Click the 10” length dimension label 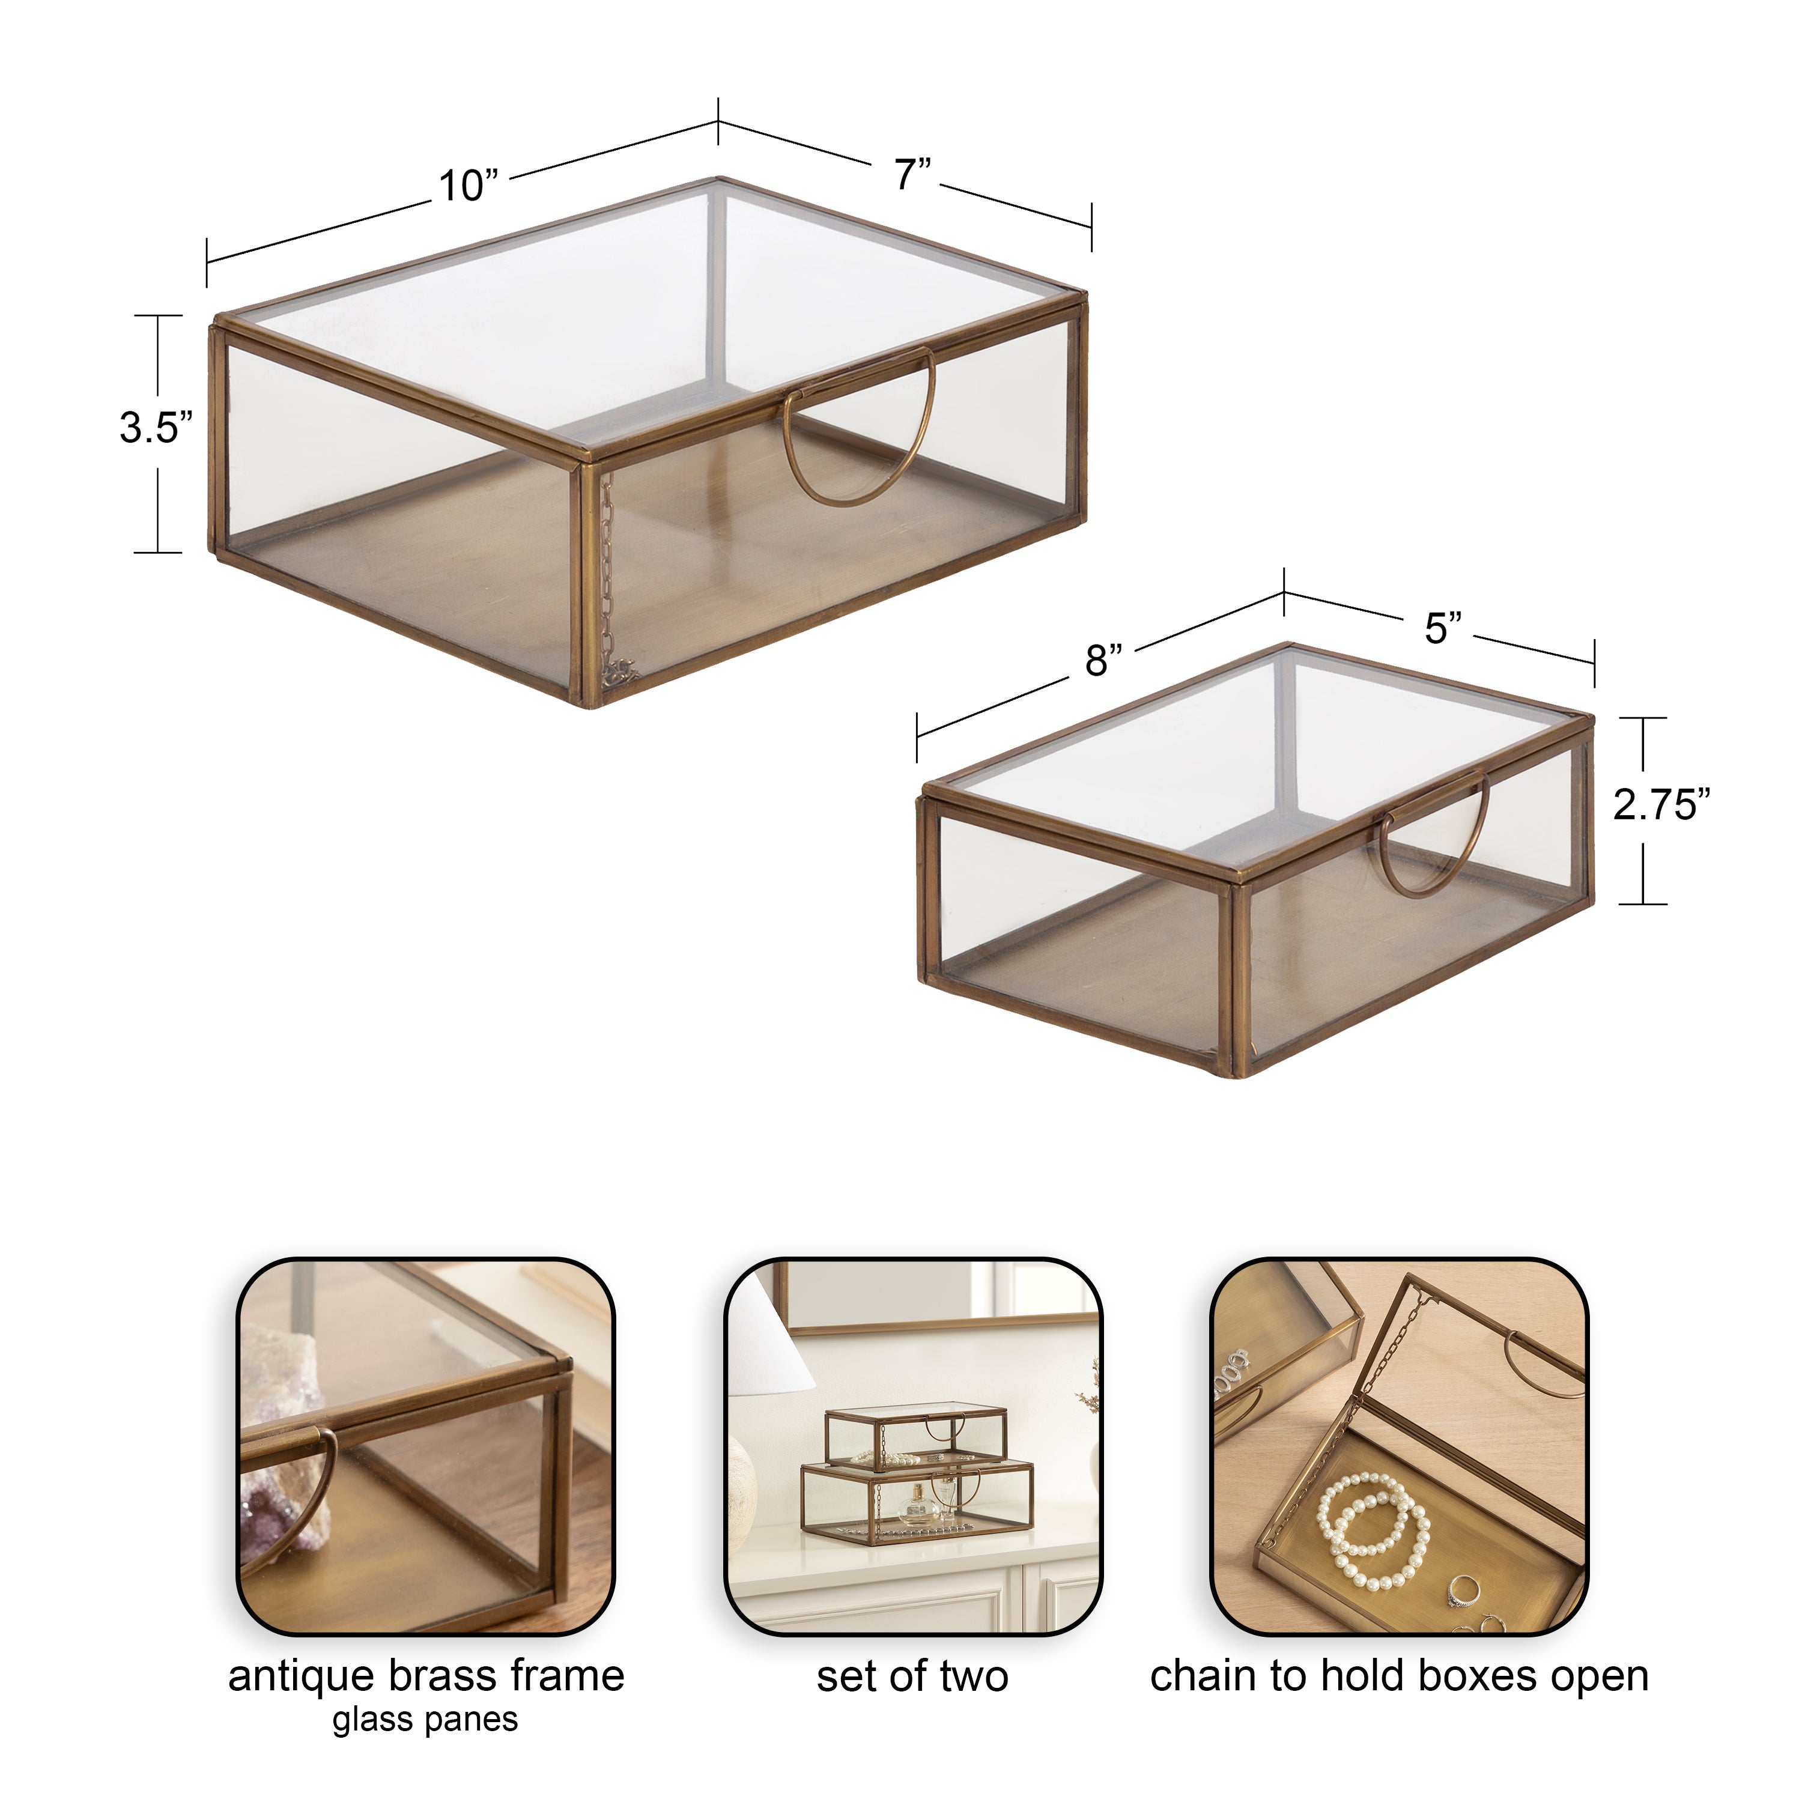point(469,186)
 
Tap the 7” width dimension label point(913,174)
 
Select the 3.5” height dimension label point(156,429)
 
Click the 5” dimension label point(1443,629)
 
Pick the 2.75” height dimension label point(1662,805)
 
